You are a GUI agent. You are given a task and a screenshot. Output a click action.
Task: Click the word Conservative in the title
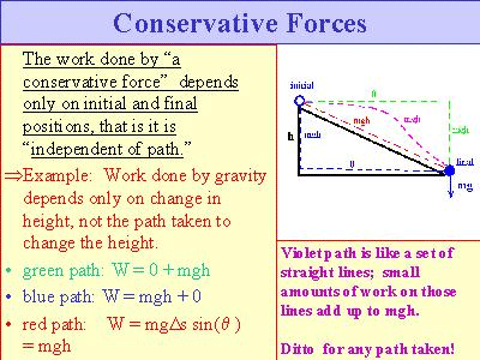pos(195,23)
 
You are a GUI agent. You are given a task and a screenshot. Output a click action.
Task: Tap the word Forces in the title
pos(326,23)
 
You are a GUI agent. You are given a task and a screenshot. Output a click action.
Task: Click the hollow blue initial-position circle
pos(300,100)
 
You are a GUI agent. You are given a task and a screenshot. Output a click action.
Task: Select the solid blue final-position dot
pos(449,171)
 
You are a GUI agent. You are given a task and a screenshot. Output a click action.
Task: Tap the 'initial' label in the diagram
pos(302,85)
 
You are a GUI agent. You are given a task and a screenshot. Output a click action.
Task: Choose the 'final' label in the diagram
pos(465,162)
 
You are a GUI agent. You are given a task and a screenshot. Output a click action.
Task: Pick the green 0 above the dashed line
pos(374,94)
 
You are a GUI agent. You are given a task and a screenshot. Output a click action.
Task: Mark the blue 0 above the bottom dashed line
pos(352,164)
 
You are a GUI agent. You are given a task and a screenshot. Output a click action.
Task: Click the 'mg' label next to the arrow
pos(465,186)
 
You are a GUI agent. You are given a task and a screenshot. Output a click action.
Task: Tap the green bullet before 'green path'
pos(9,270)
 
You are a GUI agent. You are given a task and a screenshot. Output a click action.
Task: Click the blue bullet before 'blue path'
pos(9,296)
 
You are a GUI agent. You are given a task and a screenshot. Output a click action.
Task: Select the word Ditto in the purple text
pos(297,349)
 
